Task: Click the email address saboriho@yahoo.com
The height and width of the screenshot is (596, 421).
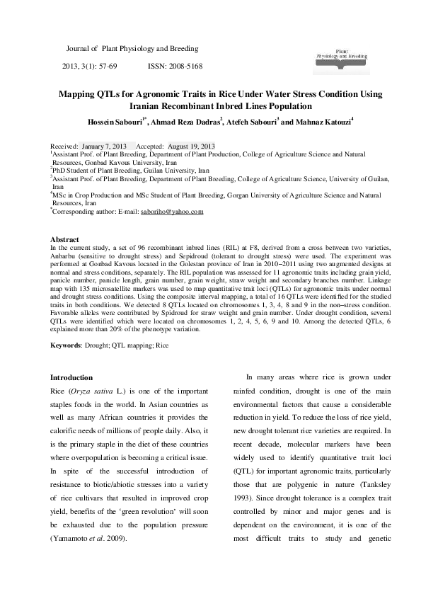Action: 172,210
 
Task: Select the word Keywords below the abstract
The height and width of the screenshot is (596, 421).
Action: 69,345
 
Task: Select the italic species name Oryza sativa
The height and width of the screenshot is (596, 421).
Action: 96,391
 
